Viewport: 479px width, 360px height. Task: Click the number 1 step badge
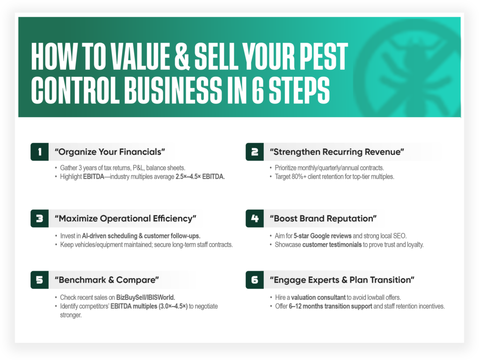[39, 152]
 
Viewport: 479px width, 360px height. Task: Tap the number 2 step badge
[254, 152]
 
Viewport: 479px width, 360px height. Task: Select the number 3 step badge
[39, 218]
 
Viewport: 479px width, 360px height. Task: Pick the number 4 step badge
[254, 218]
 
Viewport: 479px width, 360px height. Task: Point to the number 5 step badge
[39, 280]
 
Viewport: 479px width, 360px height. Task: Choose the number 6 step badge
[254, 280]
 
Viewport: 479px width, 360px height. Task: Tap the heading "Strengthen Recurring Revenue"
[337, 152]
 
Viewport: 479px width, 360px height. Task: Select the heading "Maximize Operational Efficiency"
[125, 218]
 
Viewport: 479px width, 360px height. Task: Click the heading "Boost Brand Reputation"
[323, 218]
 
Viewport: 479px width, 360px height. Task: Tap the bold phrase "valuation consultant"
[318, 297]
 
